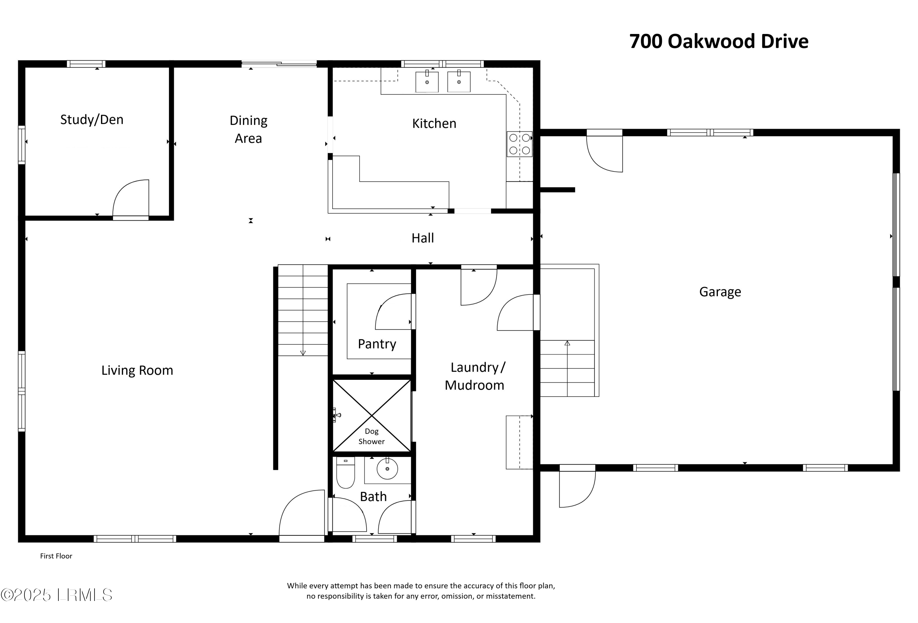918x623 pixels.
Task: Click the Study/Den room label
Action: pyautogui.click(x=91, y=120)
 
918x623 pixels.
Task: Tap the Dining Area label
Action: pyautogui.click(x=248, y=129)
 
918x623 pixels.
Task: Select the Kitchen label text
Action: pyautogui.click(x=434, y=123)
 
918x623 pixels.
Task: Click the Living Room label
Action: pyautogui.click(x=137, y=370)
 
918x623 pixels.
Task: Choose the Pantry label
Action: pyautogui.click(x=377, y=344)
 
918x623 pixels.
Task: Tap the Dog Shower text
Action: pyautogui.click(x=371, y=436)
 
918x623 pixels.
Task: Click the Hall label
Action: pyautogui.click(x=423, y=238)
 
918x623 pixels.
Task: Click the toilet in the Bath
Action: pyautogui.click(x=346, y=473)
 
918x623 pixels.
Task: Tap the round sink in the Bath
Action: pyautogui.click(x=387, y=469)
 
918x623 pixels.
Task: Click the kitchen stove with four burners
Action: pyautogui.click(x=520, y=144)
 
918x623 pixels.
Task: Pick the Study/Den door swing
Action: pyautogui.click(x=131, y=198)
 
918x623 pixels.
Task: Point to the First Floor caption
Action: pyautogui.click(x=56, y=556)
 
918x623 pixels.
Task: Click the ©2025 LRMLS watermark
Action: pyautogui.click(x=57, y=595)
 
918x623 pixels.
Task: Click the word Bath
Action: pyautogui.click(x=373, y=497)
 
